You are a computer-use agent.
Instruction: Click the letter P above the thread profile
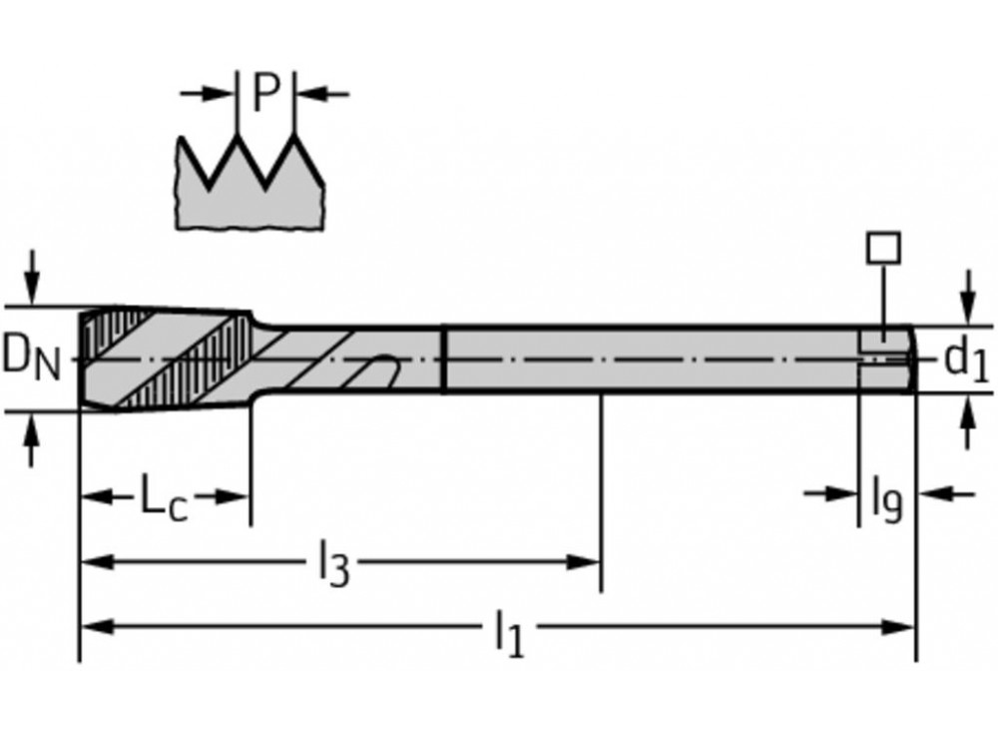(266, 93)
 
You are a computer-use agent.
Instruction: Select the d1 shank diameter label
(966, 360)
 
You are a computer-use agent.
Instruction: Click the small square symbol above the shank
(883, 248)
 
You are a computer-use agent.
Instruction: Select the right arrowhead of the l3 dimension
(584, 562)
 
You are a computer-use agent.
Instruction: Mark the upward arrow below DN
(32, 439)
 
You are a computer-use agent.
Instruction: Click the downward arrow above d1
(968, 298)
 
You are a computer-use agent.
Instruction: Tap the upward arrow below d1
(968, 421)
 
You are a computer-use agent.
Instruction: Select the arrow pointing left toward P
(322, 94)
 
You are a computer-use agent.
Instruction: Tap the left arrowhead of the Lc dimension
(99, 496)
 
